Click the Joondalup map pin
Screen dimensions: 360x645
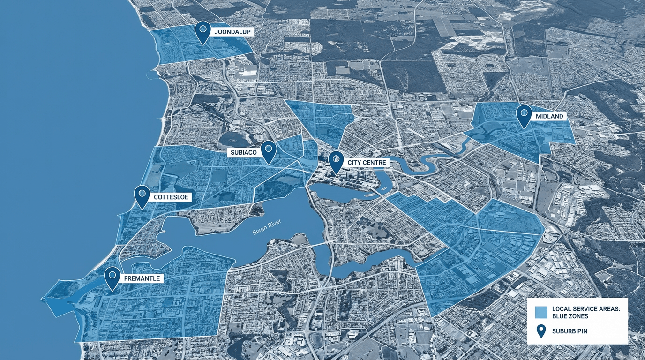[202, 30]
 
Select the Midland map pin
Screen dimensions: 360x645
[524, 114]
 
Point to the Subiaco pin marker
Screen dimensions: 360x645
[268, 150]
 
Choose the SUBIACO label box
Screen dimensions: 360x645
[243, 152]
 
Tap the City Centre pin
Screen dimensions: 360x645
[336, 161]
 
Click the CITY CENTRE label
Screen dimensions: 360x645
[367, 163]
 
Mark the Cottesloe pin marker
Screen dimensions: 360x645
[142, 195]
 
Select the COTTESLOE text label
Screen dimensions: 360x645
[171, 197]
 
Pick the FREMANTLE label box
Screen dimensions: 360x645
[142, 278]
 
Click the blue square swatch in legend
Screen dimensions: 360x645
[541, 312]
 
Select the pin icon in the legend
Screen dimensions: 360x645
[541, 331]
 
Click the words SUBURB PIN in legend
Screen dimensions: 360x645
[570, 331]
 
